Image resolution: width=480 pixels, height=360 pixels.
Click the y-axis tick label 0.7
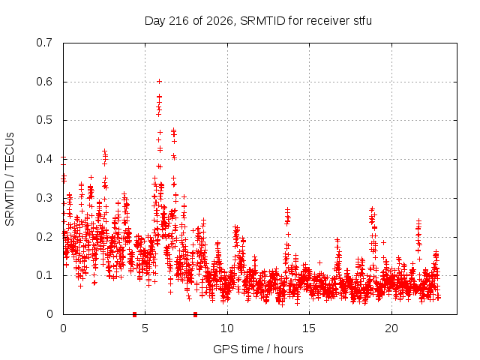[44, 43]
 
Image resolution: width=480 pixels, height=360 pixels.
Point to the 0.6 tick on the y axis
[44, 82]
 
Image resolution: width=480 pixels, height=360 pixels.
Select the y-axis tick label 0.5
[44, 120]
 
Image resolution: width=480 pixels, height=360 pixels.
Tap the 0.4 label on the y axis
[44, 159]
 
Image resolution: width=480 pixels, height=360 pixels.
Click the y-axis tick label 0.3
[44, 198]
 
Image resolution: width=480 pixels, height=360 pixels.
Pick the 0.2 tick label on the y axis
[44, 237]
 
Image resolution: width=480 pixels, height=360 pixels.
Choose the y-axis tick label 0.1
[44, 275]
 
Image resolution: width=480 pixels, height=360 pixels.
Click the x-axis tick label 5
[145, 328]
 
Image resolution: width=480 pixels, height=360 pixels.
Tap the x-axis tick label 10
[227, 328]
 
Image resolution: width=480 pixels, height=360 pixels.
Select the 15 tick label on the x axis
[309, 328]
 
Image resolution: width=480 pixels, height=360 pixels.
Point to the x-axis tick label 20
[391, 328]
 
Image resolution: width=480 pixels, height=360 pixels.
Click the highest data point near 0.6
[159, 82]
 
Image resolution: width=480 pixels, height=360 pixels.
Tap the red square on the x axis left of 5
[134, 314]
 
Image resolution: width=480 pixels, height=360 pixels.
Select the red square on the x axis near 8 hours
[195, 314]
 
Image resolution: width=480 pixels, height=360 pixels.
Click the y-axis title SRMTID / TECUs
[10, 179]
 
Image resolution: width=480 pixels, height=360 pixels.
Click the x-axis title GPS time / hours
[258, 349]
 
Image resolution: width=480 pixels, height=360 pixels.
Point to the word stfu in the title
[363, 21]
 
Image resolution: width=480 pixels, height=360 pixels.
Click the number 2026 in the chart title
[220, 21]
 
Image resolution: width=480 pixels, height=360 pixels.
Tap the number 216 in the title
[179, 21]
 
